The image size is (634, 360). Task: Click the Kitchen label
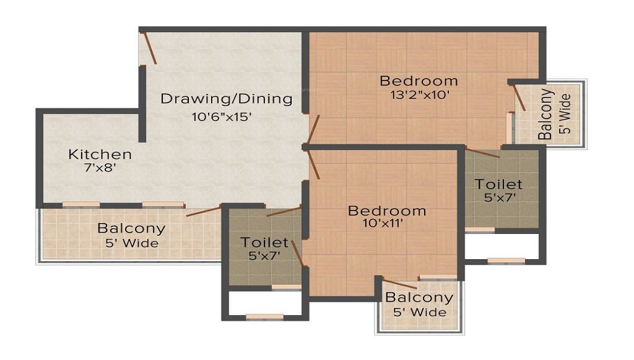coord(100,154)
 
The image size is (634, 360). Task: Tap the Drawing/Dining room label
coord(226,99)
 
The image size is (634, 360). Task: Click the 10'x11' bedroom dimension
coord(382,222)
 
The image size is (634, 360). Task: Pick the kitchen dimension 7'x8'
coord(100,167)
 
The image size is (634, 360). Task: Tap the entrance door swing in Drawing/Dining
coord(148,48)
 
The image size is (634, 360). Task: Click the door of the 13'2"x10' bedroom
coord(313,130)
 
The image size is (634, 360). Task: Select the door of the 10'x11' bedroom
coord(313,164)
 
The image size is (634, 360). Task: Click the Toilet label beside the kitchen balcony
coord(264,242)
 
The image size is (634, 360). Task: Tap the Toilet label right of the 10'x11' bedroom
coord(498,184)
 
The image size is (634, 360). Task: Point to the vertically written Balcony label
coord(545,114)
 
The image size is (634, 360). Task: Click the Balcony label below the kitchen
coord(131,228)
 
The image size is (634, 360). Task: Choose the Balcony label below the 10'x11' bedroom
coord(419,297)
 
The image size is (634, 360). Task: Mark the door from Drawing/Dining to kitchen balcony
coord(204,211)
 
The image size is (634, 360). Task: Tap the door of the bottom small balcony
coord(399,284)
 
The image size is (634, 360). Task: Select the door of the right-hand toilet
coord(482,153)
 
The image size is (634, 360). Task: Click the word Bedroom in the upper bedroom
coord(419,80)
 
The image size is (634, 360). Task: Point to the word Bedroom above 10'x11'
coord(387,210)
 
